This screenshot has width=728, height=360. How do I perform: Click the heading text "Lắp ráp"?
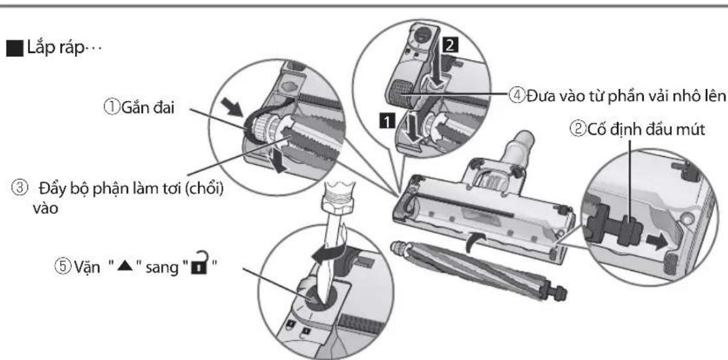[x=57, y=48]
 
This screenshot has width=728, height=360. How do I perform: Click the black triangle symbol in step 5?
[x=115, y=268]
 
